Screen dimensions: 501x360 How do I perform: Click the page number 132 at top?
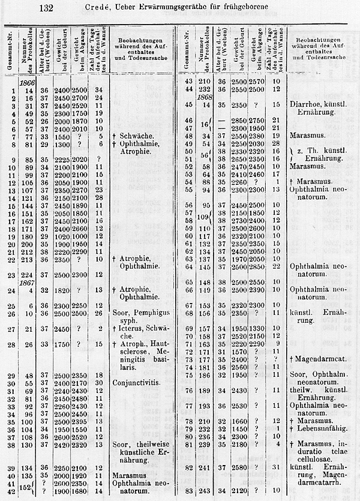(x=46, y=8)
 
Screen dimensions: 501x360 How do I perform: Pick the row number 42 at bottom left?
(x=12, y=491)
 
